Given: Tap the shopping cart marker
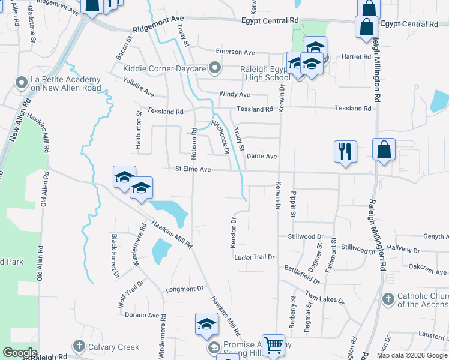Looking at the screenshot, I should click(x=273, y=345).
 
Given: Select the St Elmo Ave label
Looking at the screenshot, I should click(x=193, y=170).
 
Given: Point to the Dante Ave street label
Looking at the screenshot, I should click(x=262, y=156).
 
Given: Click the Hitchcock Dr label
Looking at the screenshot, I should click(x=221, y=137).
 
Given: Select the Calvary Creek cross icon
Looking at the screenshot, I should click(x=79, y=346).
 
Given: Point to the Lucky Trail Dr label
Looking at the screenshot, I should click(x=254, y=257).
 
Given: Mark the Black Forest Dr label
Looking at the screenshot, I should click(x=114, y=256).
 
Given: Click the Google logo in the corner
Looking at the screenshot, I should click(x=19, y=352).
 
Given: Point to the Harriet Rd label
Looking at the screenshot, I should click(x=357, y=57).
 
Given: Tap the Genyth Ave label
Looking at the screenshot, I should click(x=435, y=237).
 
